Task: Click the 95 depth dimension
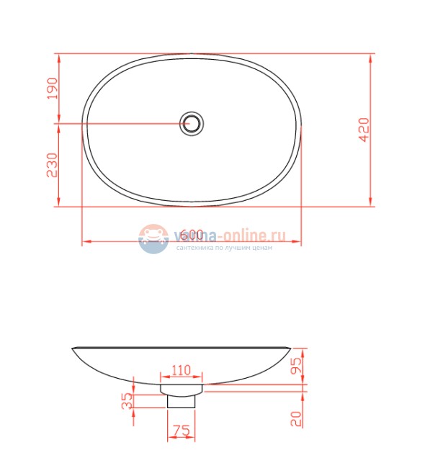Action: (x=297, y=366)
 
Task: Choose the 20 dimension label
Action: (x=297, y=418)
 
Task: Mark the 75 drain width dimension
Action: (x=182, y=431)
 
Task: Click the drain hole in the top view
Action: (x=192, y=123)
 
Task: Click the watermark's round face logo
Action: (x=153, y=238)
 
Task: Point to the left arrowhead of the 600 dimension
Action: (x=84, y=242)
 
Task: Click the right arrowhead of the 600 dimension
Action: (x=299, y=242)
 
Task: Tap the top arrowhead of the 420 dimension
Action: (x=370, y=55)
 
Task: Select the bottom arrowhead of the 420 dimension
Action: (x=370, y=204)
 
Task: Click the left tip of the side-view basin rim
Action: (x=72, y=348)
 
